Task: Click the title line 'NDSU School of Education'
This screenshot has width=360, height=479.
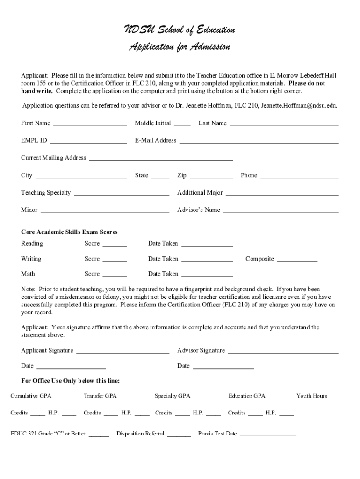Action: coord(180,30)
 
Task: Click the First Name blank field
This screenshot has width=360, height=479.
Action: coord(90,123)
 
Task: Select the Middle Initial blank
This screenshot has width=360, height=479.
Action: coord(182,123)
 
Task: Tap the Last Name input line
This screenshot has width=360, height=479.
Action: coord(284,123)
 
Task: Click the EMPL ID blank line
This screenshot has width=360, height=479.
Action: coord(88,141)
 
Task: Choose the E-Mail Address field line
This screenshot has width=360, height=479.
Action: coord(259,141)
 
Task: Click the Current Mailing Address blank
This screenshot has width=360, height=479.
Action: coord(161,158)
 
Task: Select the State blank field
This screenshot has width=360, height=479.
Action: coord(160,176)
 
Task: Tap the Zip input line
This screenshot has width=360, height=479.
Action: coord(211,176)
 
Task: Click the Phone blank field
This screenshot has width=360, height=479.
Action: coord(299,176)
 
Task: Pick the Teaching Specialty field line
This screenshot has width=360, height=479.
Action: coord(122,193)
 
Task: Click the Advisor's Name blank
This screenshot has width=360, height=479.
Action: coord(281,210)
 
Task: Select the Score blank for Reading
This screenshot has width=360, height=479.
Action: coord(115,244)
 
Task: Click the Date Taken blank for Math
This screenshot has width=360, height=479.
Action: coord(207,274)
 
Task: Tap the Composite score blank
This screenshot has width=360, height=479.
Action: coord(297,259)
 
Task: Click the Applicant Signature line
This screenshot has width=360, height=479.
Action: coord(122,351)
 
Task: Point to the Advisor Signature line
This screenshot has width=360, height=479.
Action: coord(283,351)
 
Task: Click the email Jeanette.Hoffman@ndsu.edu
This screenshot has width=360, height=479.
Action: coord(299,106)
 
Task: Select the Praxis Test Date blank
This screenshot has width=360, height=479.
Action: coord(268,434)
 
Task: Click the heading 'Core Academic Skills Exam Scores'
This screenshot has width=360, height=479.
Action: coord(69,232)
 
